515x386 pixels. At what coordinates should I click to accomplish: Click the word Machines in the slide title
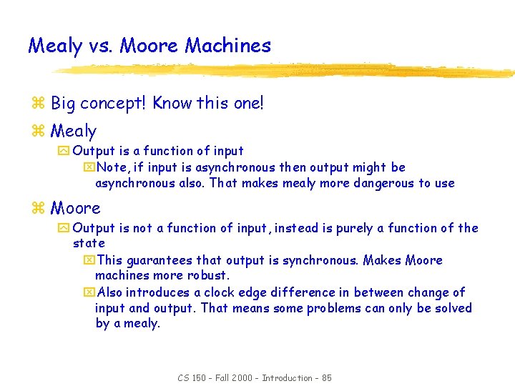pos(227,46)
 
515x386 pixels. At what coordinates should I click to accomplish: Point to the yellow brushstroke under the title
pos(286,70)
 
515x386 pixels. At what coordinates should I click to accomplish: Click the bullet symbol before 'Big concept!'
pos(39,104)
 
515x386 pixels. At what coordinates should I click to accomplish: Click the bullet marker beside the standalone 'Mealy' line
pos(39,132)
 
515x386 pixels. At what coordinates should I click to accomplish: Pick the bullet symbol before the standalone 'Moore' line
pos(39,209)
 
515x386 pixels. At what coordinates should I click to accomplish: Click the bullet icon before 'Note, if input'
pos(89,168)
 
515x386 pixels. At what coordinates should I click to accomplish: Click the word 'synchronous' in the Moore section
pos(319,260)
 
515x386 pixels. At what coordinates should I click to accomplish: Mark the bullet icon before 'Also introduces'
pos(89,292)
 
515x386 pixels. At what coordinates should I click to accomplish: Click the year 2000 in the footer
pos(242,378)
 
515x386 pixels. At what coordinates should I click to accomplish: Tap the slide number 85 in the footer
pos(326,378)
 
